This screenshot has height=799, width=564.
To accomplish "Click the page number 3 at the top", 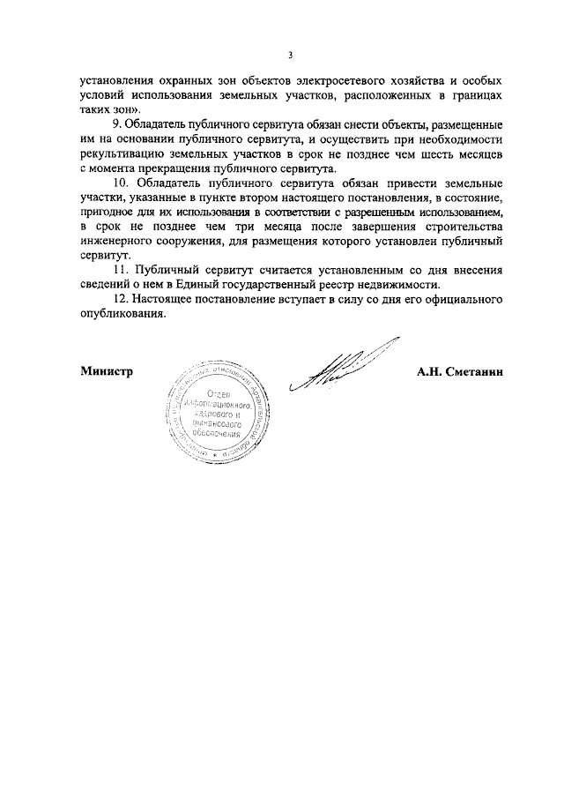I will coord(289,56).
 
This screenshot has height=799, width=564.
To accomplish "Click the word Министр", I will coord(106,372).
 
